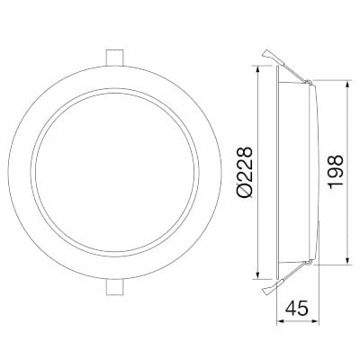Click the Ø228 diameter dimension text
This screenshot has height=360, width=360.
[244, 176]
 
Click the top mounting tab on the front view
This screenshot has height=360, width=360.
[113, 56]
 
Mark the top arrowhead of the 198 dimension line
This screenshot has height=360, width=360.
[346, 84]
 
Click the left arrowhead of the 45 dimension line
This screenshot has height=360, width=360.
[278, 323]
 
